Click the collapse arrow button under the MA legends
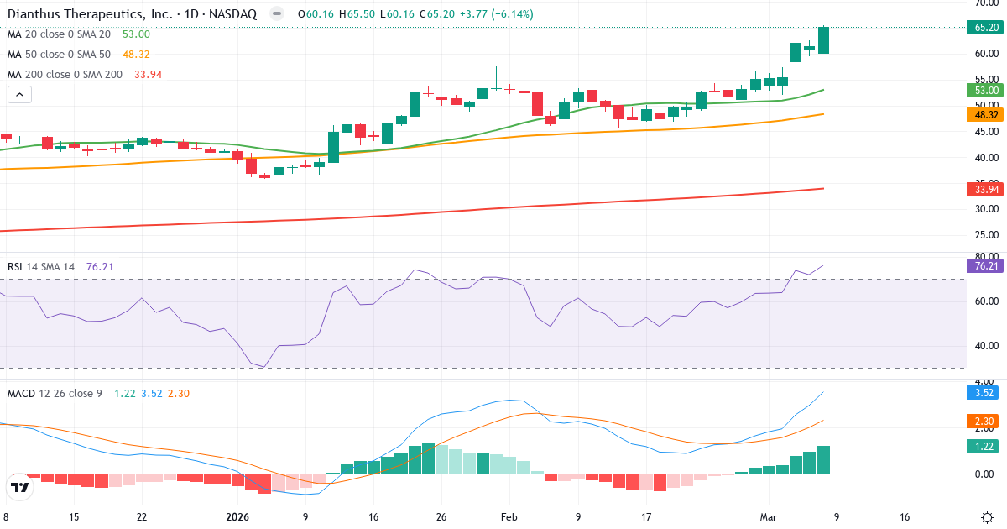coord(19,94)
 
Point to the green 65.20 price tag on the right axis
coord(985,28)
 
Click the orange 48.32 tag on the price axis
coord(985,114)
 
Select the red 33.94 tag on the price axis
coord(985,189)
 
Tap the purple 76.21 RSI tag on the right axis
coord(985,265)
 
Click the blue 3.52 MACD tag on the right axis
coord(985,391)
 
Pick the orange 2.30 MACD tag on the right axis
coord(985,420)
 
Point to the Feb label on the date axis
coord(509,517)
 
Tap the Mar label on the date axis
coord(769,517)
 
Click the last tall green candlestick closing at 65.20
coord(823,40)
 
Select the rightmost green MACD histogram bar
coord(823,460)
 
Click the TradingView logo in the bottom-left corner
coord(20,487)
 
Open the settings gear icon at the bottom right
coord(987,517)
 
